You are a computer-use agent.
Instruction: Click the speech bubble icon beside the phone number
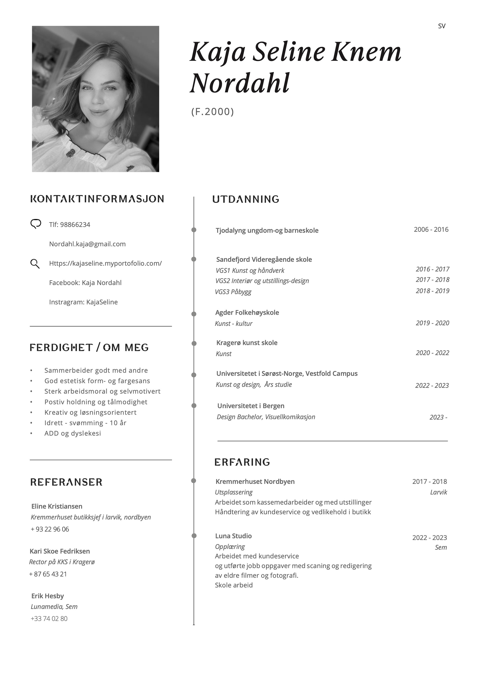point(35,224)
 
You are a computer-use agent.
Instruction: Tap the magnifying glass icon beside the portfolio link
point(35,264)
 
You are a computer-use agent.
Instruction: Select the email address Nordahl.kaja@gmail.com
point(87,244)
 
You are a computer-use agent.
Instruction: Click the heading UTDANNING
point(245,199)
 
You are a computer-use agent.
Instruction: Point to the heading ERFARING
point(242,462)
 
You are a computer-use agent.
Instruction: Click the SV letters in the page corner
point(441,26)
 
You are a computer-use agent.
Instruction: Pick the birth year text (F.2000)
point(212,112)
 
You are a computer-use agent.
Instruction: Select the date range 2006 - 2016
point(431,230)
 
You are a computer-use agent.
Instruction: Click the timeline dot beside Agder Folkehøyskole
point(194,314)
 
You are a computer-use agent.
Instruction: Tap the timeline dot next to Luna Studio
point(194,536)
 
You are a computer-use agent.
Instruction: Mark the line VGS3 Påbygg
point(233,292)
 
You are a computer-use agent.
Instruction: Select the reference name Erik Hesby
point(47,596)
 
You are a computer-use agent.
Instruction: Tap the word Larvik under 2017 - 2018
point(438,492)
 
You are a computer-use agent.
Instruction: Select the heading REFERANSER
point(66,482)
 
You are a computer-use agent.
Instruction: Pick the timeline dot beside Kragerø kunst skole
point(194,343)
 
